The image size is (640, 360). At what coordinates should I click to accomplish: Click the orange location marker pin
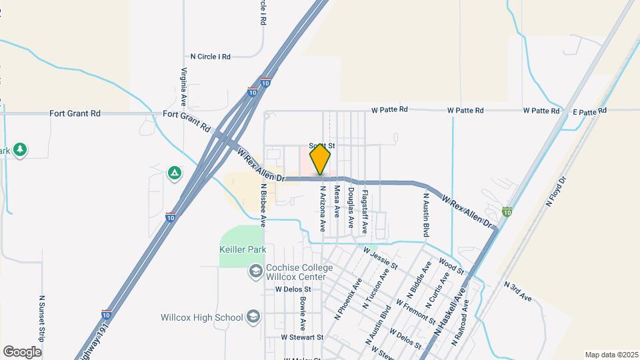point(321,159)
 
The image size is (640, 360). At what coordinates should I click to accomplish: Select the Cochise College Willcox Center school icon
point(255,271)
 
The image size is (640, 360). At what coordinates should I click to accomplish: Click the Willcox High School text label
point(201,317)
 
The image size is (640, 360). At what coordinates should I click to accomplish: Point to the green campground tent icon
point(174,173)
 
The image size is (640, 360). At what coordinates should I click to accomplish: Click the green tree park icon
point(21,149)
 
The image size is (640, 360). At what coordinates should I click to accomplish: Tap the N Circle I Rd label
point(210,57)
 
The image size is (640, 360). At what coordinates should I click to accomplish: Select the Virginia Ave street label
point(182,87)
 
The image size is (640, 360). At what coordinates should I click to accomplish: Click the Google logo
point(22,352)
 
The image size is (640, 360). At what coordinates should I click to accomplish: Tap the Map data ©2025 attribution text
point(610,355)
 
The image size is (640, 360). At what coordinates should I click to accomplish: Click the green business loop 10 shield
point(507,212)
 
